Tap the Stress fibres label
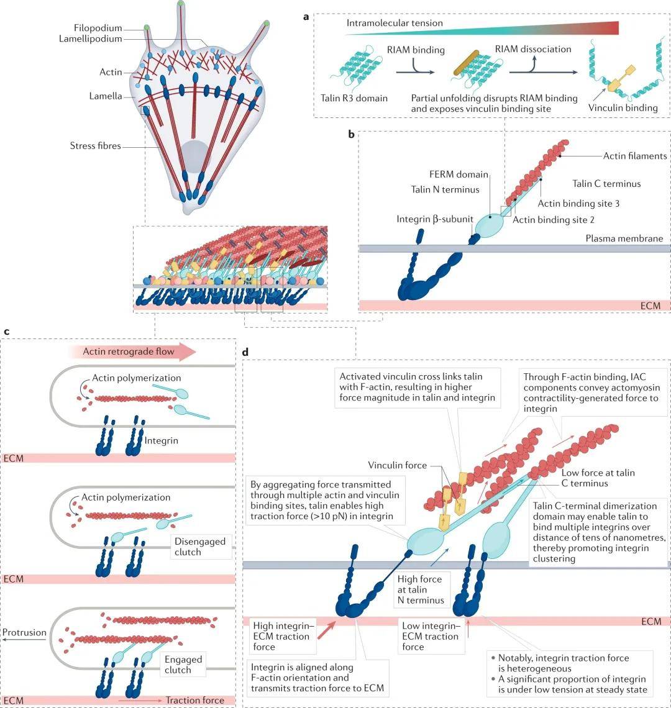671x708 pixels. pyautogui.click(x=95, y=147)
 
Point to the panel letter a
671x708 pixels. pyautogui.click(x=306, y=17)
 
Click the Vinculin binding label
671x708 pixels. pyautogui.click(x=623, y=107)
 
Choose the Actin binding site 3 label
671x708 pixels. pyautogui.click(x=578, y=203)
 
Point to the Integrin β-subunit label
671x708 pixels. pyautogui.click(x=434, y=219)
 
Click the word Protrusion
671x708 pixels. pyautogui.click(x=24, y=633)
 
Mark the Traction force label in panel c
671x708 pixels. pyautogui.click(x=194, y=700)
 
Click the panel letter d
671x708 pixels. pyautogui.click(x=245, y=352)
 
